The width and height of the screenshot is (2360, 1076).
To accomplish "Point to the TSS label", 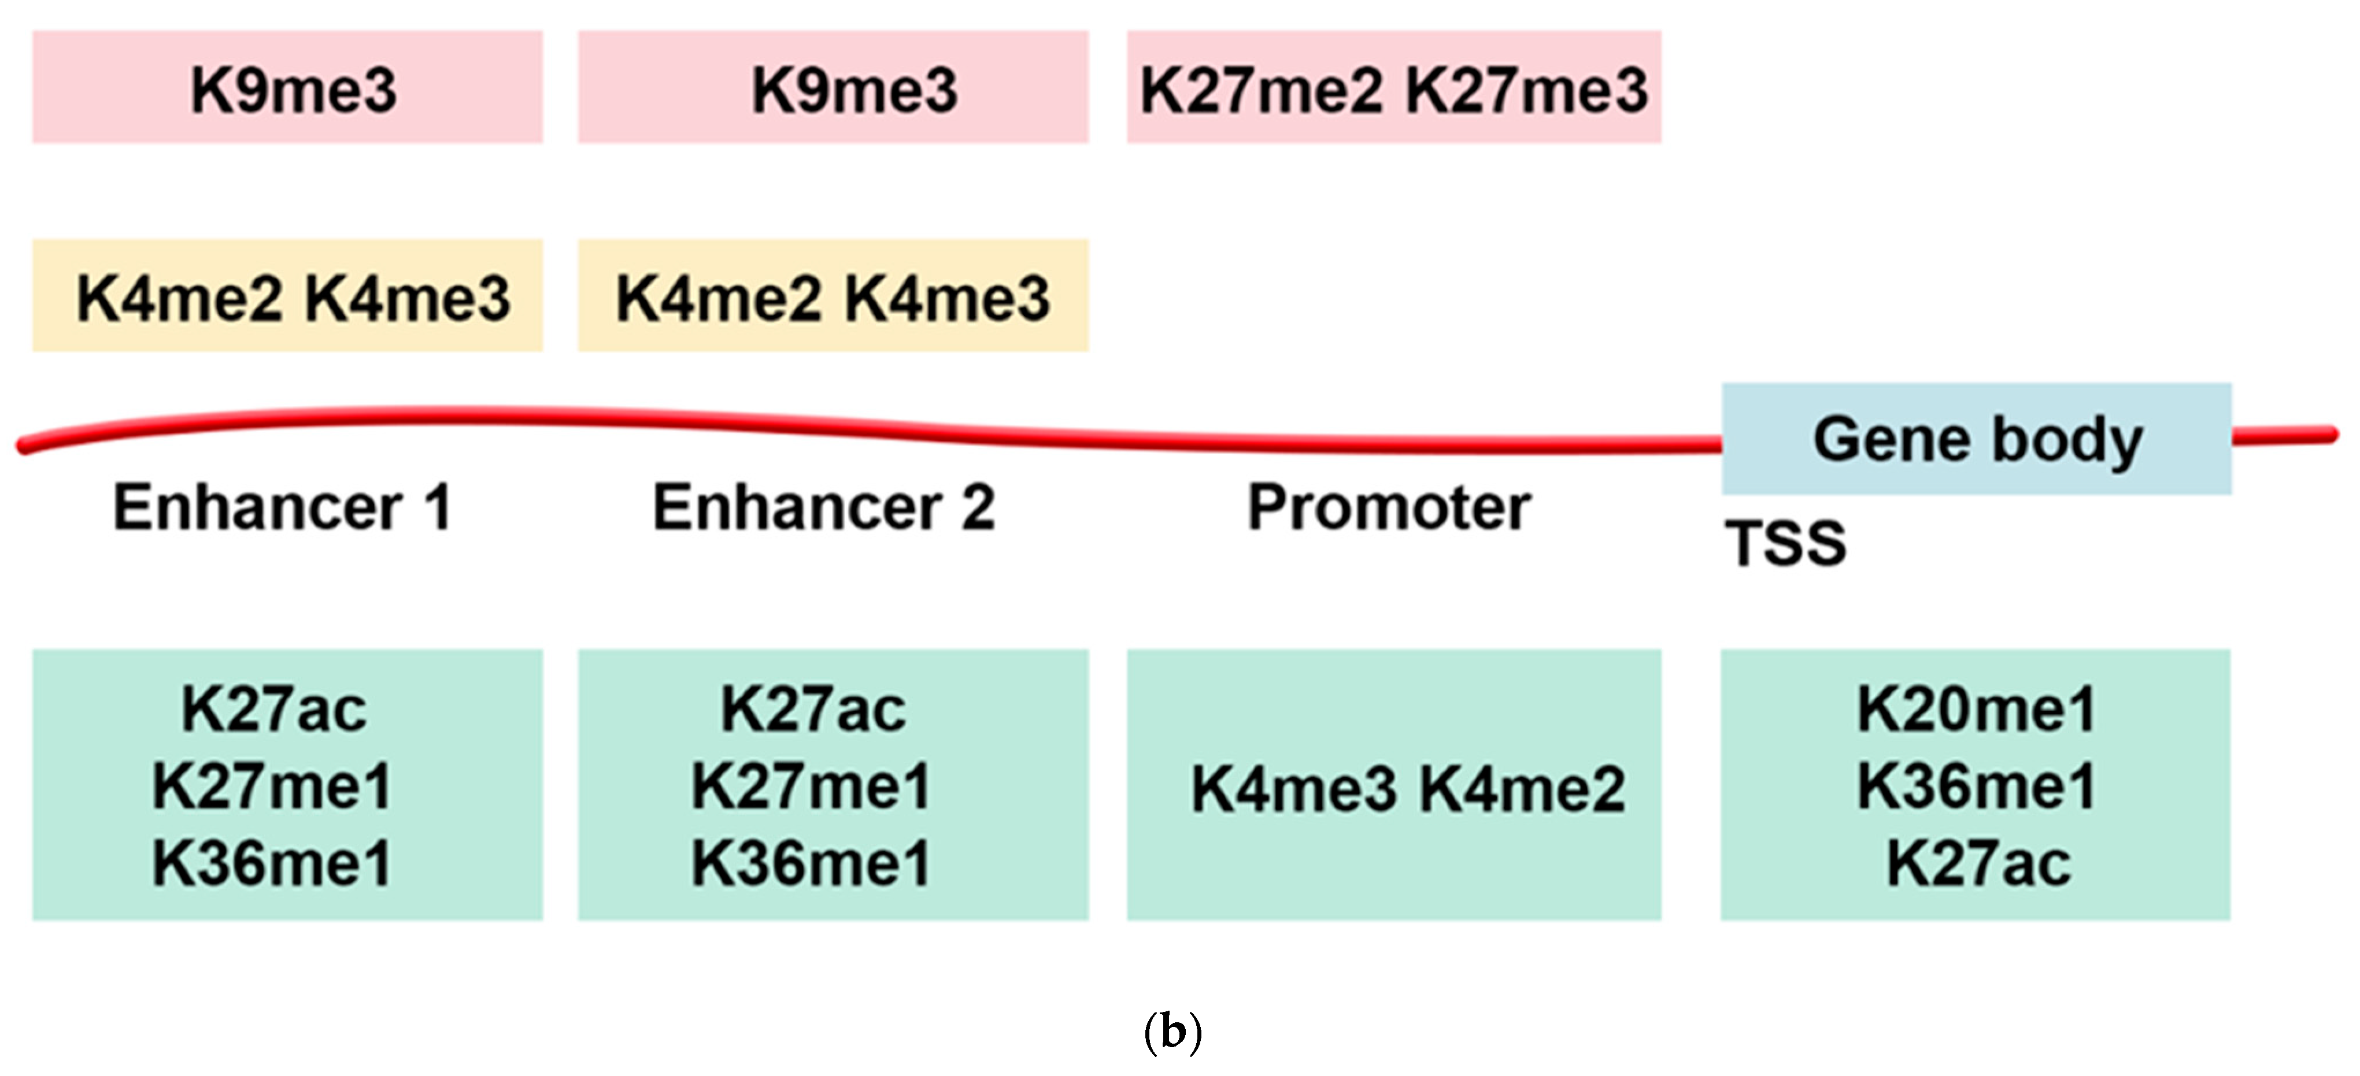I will [1785, 543].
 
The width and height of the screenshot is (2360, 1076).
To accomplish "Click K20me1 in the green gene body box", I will [1976, 709].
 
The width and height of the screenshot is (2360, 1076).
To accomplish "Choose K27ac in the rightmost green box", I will [1978, 863].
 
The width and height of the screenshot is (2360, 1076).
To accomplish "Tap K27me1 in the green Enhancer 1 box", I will [272, 786].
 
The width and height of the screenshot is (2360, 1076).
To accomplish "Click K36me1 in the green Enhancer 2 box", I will [811, 863].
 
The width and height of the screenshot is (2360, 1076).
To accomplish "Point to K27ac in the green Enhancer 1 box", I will [274, 709].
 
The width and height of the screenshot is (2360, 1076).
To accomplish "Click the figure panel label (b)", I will [1172, 1032].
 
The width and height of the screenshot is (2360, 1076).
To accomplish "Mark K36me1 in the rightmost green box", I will [1976, 786].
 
